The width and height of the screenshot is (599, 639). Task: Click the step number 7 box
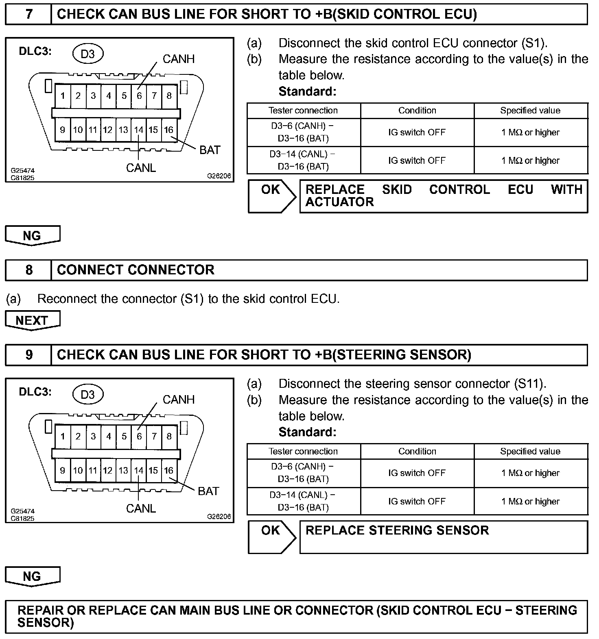[28, 14]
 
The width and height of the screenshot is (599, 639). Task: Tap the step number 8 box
[28, 270]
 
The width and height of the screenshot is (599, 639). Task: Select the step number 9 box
[28, 355]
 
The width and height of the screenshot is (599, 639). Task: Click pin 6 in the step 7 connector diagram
[139, 96]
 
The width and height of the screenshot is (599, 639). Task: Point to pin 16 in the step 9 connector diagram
[168, 470]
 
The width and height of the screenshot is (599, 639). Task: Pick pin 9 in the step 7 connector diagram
[62, 130]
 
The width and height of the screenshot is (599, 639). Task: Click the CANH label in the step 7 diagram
[178, 59]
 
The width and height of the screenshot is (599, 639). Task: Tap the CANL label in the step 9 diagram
[141, 509]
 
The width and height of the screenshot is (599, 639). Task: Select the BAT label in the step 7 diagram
[210, 150]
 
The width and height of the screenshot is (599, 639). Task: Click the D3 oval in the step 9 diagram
[87, 394]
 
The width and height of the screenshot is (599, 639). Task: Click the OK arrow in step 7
[272, 196]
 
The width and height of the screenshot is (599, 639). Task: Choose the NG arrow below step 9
[32, 576]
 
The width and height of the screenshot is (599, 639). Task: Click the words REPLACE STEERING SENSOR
[397, 530]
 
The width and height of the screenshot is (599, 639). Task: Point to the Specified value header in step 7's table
[530, 111]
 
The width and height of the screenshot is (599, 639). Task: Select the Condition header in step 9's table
[417, 451]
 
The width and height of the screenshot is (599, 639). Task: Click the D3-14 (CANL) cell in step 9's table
[303, 501]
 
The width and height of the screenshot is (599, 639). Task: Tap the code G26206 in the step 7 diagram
[219, 176]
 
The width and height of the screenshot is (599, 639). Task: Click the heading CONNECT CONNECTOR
[136, 270]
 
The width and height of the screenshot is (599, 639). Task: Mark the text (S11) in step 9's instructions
[530, 384]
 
